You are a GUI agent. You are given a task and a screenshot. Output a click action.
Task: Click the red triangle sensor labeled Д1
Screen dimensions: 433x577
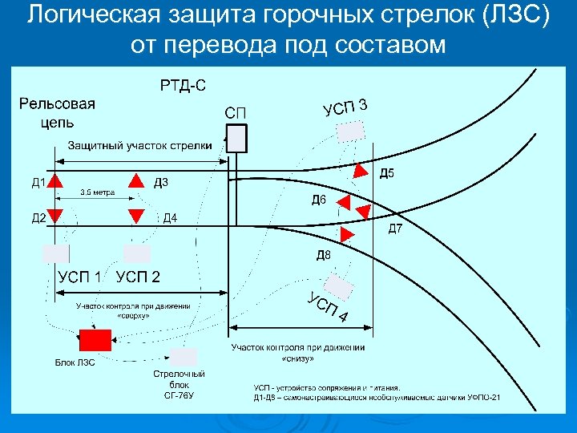tap(54, 180)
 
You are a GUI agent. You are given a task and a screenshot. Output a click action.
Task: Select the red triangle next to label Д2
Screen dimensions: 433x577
tap(54, 215)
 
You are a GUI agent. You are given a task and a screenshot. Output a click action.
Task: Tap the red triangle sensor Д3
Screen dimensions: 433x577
tap(136, 180)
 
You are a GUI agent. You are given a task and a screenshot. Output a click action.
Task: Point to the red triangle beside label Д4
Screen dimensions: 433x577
tap(136, 215)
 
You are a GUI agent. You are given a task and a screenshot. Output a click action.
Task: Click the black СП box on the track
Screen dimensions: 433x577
tap(236, 139)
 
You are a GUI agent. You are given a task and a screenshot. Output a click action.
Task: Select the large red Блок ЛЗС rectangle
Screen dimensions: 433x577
tap(95, 340)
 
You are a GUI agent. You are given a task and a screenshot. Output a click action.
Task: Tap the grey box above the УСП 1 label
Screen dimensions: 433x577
tap(56, 254)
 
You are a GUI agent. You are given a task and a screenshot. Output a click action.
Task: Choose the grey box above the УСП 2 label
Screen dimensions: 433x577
tap(137, 254)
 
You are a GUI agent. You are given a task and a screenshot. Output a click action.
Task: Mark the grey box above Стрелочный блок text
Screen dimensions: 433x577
tap(184, 357)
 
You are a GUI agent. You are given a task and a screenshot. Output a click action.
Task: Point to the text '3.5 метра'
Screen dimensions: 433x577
tap(97, 192)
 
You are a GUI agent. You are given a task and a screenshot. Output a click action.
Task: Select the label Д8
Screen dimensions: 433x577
tap(323, 256)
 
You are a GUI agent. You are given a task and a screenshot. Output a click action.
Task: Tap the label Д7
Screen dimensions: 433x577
tap(396, 230)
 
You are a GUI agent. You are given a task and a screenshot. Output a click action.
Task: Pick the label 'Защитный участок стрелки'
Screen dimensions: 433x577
tap(139, 145)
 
